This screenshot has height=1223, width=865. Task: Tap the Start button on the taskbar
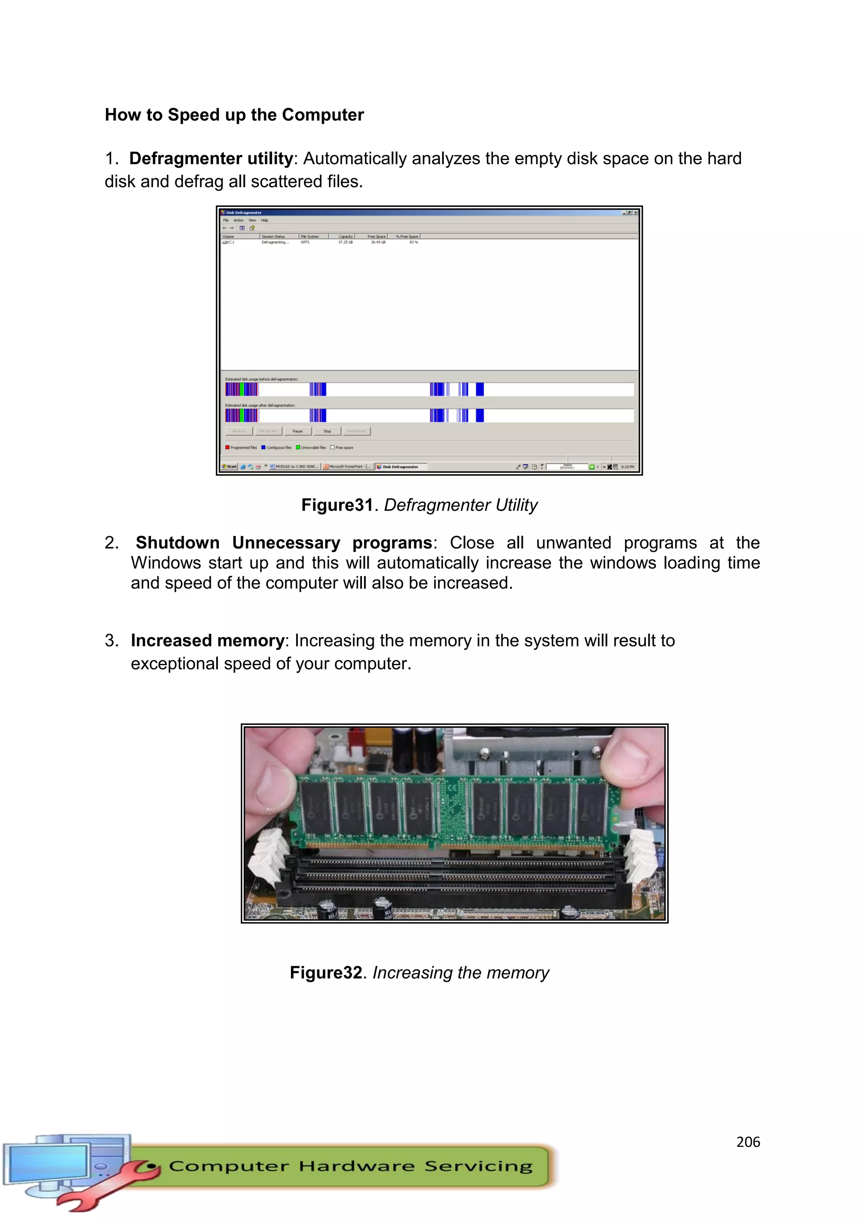230,467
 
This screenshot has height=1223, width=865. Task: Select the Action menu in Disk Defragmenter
238,220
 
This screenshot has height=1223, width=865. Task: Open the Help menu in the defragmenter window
265,220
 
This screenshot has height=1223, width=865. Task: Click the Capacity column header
345,236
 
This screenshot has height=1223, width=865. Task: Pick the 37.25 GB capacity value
345,242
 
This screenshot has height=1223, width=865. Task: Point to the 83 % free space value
413,242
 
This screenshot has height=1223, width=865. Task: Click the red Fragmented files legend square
227,448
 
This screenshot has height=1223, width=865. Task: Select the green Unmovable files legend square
298,448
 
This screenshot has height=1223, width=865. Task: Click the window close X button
635,212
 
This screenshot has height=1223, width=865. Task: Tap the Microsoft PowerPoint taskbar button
347,467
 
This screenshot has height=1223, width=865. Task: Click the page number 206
748,1142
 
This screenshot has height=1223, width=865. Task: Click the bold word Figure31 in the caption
337,505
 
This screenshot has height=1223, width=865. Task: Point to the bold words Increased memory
207,640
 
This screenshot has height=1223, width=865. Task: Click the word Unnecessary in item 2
286,543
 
